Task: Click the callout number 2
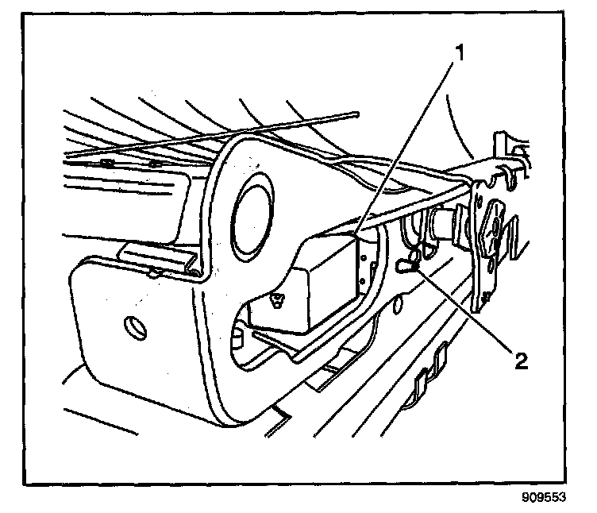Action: tap(519, 362)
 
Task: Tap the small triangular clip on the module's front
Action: tap(276, 299)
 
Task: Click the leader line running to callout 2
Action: tap(468, 314)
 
